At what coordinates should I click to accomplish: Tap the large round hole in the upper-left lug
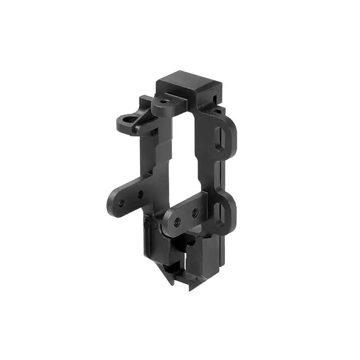tap(125, 120)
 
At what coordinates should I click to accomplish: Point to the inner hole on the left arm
tap(139, 195)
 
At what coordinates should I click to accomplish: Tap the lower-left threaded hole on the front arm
tap(177, 220)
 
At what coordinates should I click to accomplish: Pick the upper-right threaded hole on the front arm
tap(194, 213)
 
